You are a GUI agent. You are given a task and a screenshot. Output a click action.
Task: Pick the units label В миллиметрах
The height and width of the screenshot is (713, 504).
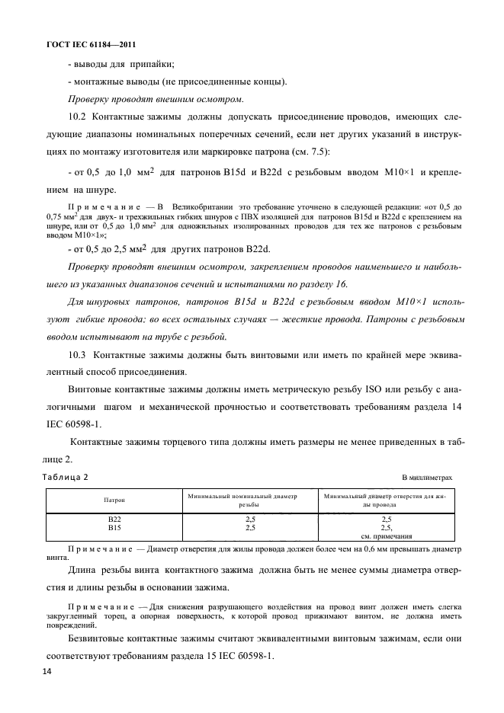(x=427, y=477)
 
